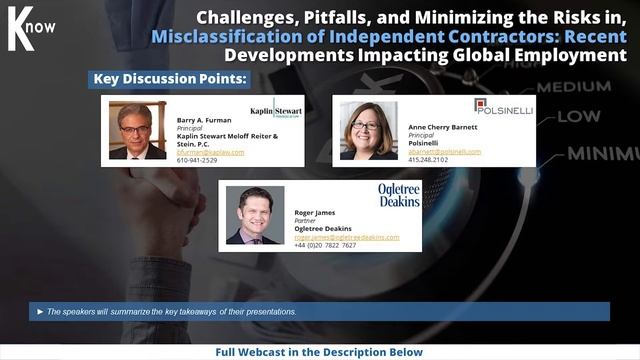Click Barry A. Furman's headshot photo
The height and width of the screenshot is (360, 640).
pyautogui.click(x=137, y=130)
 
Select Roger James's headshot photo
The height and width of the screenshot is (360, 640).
pyautogui.click(x=254, y=215)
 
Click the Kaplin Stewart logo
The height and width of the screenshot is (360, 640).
pyautogui.click(x=275, y=109)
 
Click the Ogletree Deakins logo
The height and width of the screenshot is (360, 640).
pyautogui.click(x=398, y=194)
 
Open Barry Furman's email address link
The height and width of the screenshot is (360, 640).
pyautogui.click(x=210, y=152)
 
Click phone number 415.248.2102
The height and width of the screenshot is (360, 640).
pyautogui.click(x=428, y=160)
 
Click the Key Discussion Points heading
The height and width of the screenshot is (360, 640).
pyautogui.click(x=169, y=78)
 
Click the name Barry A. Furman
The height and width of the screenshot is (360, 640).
pyautogui.click(x=204, y=119)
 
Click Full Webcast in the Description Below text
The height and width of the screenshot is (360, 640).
pyautogui.click(x=320, y=352)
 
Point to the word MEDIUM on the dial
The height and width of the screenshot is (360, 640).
pyautogui.click(x=587, y=87)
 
